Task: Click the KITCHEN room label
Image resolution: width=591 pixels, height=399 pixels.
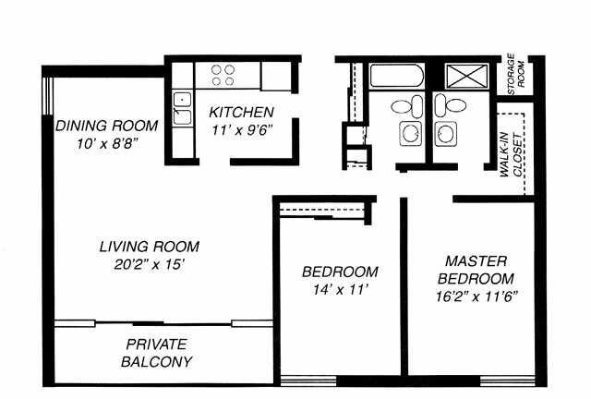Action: click(x=241, y=113)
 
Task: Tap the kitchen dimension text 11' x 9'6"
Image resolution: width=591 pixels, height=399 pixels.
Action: click(x=242, y=130)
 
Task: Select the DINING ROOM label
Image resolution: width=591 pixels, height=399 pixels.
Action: click(x=107, y=126)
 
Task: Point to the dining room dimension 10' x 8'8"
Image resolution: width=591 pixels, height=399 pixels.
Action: click(x=106, y=144)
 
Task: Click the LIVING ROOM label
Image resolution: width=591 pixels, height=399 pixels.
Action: click(x=150, y=247)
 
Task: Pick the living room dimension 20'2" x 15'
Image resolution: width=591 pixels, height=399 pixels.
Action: click(x=150, y=264)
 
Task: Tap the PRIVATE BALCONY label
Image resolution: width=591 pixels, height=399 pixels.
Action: click(x=156, y=353)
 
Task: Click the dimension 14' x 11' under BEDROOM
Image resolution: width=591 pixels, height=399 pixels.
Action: click(x=340, y=290)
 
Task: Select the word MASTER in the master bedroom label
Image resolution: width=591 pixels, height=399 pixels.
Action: click(x=476, y=261)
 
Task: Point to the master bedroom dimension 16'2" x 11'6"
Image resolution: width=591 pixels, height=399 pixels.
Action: click(x=476, y=296)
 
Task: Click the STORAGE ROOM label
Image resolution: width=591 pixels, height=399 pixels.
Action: click(x=515, y=74)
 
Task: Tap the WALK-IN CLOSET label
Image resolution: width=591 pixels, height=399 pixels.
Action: click(x=512, y=154)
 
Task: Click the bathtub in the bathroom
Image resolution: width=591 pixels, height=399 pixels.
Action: click(x=397, y=76)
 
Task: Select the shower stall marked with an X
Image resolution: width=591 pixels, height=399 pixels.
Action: click(x=467, y=76)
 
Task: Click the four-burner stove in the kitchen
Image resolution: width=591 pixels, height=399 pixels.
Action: click(x=223, y=76)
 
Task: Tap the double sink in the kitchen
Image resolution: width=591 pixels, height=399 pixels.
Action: click(x=183, y=108)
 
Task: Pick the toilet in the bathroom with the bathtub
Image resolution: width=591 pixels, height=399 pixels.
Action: click(x=407, y=106)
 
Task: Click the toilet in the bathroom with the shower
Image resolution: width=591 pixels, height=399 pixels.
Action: click(x=451, y=105)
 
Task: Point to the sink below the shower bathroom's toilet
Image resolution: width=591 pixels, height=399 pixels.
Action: click(x=446, y=134)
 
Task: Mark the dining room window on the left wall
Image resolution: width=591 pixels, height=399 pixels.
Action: click(x=47, y=96)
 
